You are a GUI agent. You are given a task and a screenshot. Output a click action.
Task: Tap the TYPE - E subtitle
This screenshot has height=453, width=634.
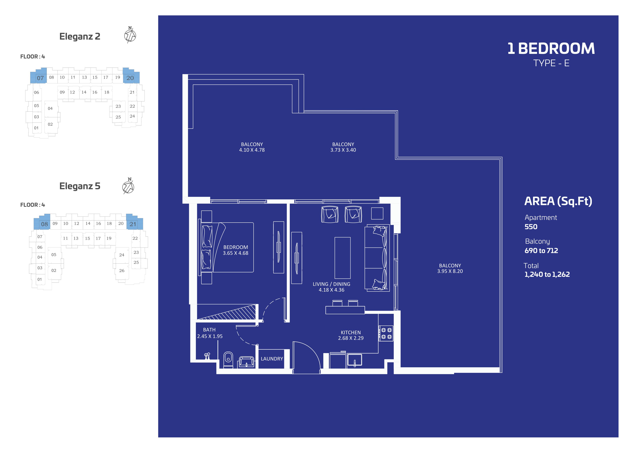[x=551, y=63]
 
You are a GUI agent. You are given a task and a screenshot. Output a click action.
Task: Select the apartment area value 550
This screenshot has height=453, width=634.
[x=531, y=227]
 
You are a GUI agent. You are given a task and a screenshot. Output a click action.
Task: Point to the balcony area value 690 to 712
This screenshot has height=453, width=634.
[x=541, y=251]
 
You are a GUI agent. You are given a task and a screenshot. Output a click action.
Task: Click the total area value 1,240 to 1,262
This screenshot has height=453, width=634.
[x=547, y=275]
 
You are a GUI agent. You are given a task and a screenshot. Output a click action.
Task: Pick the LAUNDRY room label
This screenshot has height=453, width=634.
[x=272, y=359]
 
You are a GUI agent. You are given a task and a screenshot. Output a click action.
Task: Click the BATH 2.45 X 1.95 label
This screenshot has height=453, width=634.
[x=210, y=333]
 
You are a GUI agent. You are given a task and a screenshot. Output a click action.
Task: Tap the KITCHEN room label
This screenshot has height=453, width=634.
[x=351, y=332]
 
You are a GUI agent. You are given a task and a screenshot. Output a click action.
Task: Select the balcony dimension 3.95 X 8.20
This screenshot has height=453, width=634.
[x=450, y=271]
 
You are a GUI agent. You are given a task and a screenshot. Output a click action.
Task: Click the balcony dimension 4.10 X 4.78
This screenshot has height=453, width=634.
[x=252, y=150]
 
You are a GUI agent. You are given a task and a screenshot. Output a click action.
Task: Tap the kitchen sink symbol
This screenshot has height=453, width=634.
[x=354, y=360]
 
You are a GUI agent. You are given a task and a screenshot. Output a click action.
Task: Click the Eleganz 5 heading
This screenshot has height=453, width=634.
[x=80, y=186]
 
